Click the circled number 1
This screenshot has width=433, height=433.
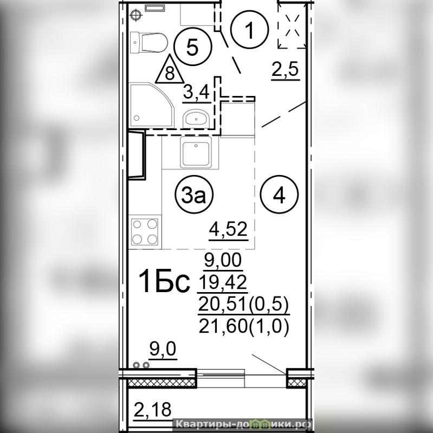pos(250,29)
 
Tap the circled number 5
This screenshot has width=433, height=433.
pos(192,47)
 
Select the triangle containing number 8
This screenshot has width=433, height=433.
pos(170,69)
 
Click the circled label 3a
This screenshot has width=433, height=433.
pos(194,195)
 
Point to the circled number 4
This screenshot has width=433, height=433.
pos(280,195)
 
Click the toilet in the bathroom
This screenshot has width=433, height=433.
pos(149,42)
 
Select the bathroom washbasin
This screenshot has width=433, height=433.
pos(196,119)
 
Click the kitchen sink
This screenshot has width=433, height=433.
pos(196,152)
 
